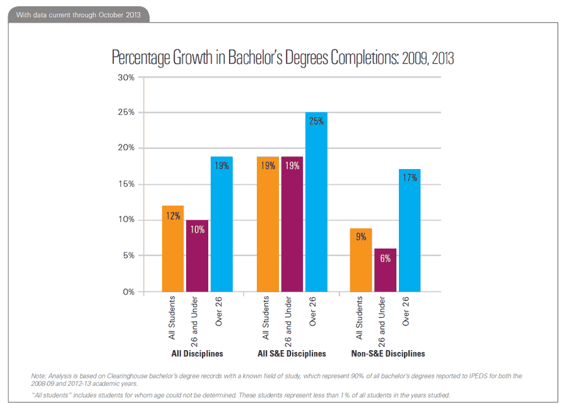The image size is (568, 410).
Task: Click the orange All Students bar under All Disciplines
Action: tap(173, 249)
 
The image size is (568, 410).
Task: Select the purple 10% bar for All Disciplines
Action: tap(197, 256)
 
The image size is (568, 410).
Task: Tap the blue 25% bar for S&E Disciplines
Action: tap(316, 202)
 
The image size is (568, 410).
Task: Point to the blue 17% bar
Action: tap(410, 230)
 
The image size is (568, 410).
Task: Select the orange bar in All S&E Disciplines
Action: tap(268, 224)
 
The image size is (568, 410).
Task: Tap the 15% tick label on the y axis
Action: tap(126, 184)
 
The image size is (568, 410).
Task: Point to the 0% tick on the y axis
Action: tap(128, 292)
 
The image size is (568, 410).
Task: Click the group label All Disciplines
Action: tap(198, 354)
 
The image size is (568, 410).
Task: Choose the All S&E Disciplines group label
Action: tap(292, 354)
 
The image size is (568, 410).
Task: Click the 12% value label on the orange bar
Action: tap(173, 215)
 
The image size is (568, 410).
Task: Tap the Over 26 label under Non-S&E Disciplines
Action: tap(407, 312)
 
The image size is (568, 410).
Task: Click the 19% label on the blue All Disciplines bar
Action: tap(222, 166)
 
